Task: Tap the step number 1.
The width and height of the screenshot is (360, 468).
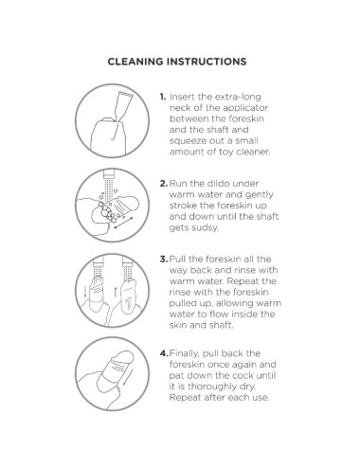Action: pyautogui.click(x=162, y=97)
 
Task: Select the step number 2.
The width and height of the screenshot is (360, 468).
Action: pyautogui.click(x=164, y=184)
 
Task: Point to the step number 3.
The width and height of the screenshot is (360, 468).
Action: pyautogui.click(x=164, y=260)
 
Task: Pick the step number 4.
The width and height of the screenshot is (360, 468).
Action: pyautogui.click(x=164, y=353)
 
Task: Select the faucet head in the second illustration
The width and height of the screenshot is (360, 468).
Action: pyautogui.click(x=109, y=173)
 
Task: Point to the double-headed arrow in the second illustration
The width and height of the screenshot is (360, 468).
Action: pyautogui.click(x=123, y=223)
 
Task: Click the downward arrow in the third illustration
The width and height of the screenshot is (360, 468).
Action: pyautogui.click(x=85, y=292)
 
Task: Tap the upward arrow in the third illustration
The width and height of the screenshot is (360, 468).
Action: pyautogui.click(x=116, y=292)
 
